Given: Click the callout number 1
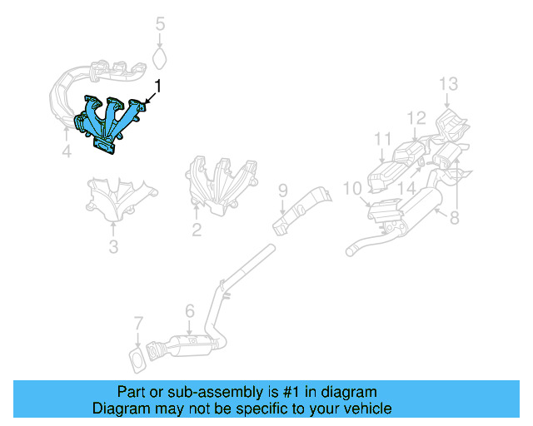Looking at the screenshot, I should click(158, 86).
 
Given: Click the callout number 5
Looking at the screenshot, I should click(161, 25).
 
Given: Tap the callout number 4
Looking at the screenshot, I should click(66, 152).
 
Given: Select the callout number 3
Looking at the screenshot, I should click(113, 246).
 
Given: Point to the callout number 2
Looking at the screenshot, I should click(197, 230).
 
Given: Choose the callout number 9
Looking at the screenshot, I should click(282, 191).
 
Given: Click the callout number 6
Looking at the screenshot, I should click(189, 311).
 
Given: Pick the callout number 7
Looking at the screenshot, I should click(138, 322).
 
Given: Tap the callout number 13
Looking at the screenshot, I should click(448, 83).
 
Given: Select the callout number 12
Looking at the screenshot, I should click(416, 117).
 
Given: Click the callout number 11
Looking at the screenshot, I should click(382, 138).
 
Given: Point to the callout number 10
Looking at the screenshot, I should click(351, 189).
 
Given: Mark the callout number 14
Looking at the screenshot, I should click(406, 189).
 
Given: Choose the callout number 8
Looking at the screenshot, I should click(454, 219).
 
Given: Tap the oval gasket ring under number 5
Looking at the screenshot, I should click(161, 59).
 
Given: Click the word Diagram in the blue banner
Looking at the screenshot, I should click(120, 409).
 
